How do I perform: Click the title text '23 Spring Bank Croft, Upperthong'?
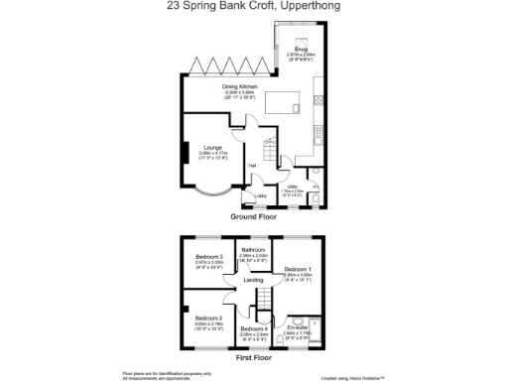coord(254,6)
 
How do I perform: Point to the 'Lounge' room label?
coord(212,148)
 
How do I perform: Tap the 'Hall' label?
coord(253,165)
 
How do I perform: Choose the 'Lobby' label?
coord(261,195)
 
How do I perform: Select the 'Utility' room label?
coord(293,186)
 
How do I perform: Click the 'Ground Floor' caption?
coord(252,215)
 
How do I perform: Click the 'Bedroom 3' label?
coord(208,257)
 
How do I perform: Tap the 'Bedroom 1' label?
coord(298,269)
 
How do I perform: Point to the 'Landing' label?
coord(254,280)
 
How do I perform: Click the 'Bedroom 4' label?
coord(254,328)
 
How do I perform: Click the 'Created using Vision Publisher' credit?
coord(352,376)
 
